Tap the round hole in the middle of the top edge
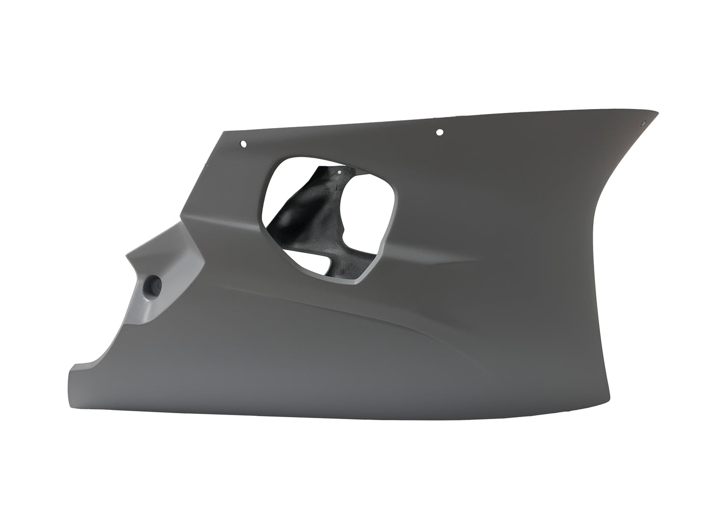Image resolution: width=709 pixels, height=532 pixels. [x=439, y=132]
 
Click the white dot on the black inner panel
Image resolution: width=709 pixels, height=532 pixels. [x=339, y=172]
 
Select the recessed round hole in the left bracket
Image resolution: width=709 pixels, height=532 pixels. [x=154, y=285]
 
